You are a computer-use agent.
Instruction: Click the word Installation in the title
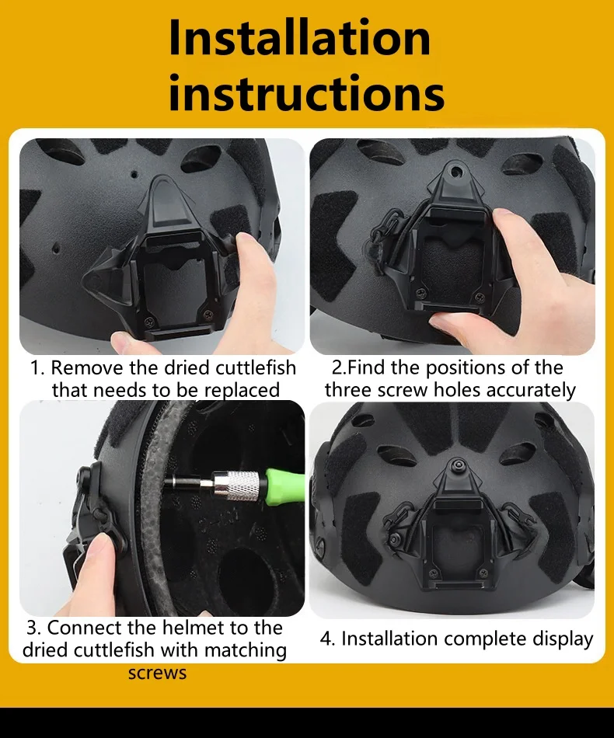click(299, 37)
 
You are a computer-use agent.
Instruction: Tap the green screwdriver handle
click(285, 485)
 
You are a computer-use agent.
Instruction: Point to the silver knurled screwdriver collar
click(236, 486)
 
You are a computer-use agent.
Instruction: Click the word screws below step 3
click(157, 673)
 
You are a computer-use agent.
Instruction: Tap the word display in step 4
click(563, 639)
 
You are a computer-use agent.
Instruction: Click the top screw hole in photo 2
click(455, 171)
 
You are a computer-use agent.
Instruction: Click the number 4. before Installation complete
click(326, 639)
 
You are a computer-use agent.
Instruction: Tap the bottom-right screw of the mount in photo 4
click(483, 574)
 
